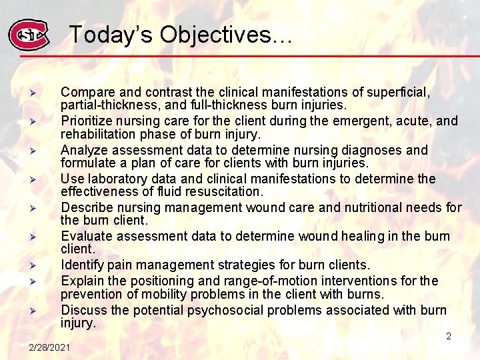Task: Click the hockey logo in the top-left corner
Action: [x=28, y=34]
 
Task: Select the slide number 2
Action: [x=449, y=336]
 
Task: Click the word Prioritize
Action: [x=87, y=121]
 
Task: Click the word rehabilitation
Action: [x=97, y=134]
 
